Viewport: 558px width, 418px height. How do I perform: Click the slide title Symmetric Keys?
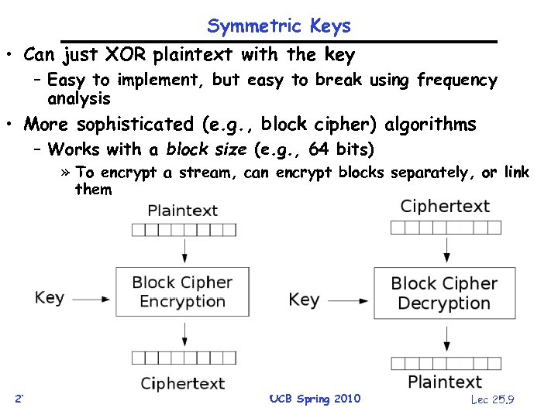click(278, 26)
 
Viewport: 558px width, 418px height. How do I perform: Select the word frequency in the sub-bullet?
click(456, 80)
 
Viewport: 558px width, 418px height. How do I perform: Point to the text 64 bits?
click(340, 149)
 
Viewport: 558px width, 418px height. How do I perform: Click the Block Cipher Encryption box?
click(182, 292)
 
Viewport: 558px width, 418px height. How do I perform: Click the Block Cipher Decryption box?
click(444, 293)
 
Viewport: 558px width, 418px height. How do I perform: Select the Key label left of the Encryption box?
click(49, 297)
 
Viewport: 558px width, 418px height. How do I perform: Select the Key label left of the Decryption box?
click(304, 299)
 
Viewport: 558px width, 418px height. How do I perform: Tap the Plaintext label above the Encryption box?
click(182, 210)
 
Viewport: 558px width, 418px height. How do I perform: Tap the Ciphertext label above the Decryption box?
click(445, 206)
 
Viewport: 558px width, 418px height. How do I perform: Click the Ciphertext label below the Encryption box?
click(182, 383)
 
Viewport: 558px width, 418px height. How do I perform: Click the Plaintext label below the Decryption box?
click(445, 382)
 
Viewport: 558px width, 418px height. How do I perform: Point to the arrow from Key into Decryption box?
click(350, 299)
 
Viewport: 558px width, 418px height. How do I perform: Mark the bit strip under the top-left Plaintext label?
click(183, 229)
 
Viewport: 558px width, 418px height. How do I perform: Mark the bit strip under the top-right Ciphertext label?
click(446, 227)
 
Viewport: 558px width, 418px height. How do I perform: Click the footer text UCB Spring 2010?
click(314, 399)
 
